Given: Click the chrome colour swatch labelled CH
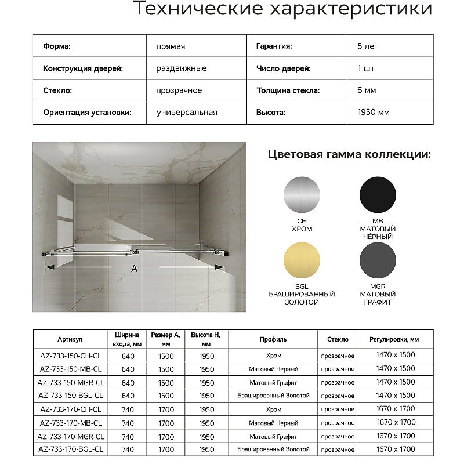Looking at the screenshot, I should point(302,195).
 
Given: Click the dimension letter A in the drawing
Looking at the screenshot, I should point(135,269).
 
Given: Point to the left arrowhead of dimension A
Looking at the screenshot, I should point(49,267).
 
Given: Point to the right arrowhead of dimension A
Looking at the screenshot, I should point(220,267).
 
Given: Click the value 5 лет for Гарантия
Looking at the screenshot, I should point(368,46).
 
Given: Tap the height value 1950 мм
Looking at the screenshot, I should point(374,113).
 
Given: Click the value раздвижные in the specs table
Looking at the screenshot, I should point(182,68).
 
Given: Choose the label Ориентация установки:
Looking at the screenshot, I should point(87,113).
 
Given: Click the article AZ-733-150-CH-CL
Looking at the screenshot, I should point(71,356).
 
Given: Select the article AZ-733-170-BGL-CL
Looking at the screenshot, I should point(71,449).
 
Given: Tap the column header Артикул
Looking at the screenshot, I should point(71,339).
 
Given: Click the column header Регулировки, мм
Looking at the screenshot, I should point(394,339).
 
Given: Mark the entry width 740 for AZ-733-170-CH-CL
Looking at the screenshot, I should point(128,409).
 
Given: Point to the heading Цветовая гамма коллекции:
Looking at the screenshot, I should point(349,154).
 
